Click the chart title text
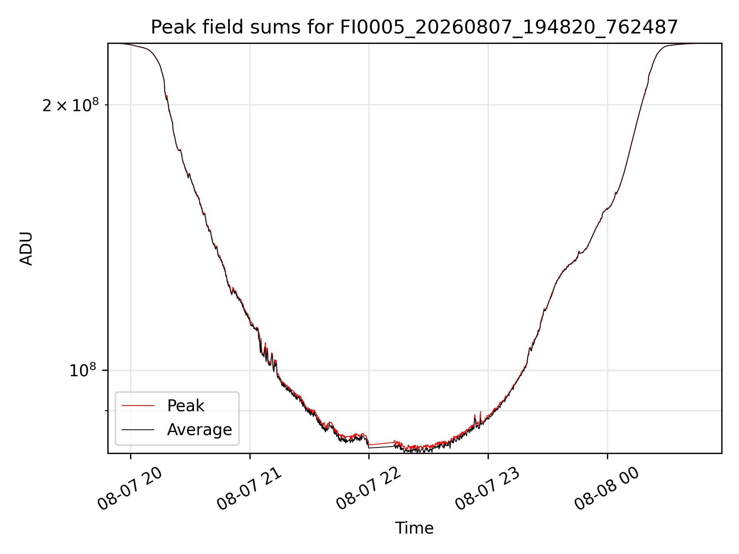(414, 27)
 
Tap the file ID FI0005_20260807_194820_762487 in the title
(509, 28)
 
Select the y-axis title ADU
(26, 249)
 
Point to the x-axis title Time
(414, 528)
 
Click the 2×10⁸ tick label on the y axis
(70, 105)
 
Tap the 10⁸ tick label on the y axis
(83, 370)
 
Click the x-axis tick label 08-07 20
(130, 489)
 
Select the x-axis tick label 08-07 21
(249, 489)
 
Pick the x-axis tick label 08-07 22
(369, 489)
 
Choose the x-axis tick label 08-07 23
(488, 489)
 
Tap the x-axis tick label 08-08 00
(607, 489)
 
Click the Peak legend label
(186, 406)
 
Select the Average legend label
(199, 430)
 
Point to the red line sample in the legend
(138, 405)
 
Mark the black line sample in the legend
(138, 429)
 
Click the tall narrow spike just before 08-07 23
(480, 417)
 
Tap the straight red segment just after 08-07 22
(381, 444)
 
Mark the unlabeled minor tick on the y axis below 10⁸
(106, 411)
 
